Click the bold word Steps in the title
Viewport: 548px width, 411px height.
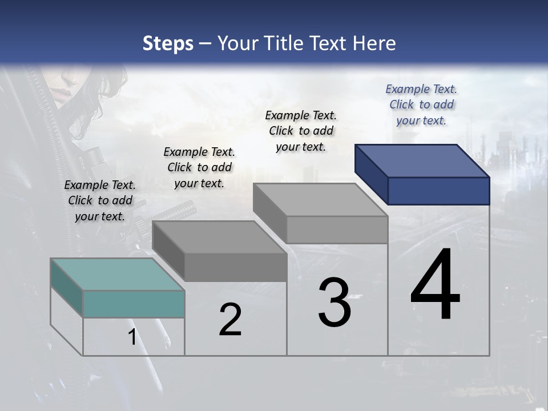168,43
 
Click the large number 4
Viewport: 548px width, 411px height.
435,285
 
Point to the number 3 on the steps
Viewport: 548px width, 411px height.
334,303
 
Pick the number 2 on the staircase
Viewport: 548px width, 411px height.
230,320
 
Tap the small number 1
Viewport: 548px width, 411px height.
132,337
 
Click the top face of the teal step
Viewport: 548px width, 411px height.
118,275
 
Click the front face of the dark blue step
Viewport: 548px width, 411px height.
438,191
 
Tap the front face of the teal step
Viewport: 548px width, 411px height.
134,304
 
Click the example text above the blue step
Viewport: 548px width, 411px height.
421,105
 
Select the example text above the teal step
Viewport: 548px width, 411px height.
100,201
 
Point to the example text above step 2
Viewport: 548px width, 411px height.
199,168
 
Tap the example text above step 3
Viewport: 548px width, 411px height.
301,131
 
